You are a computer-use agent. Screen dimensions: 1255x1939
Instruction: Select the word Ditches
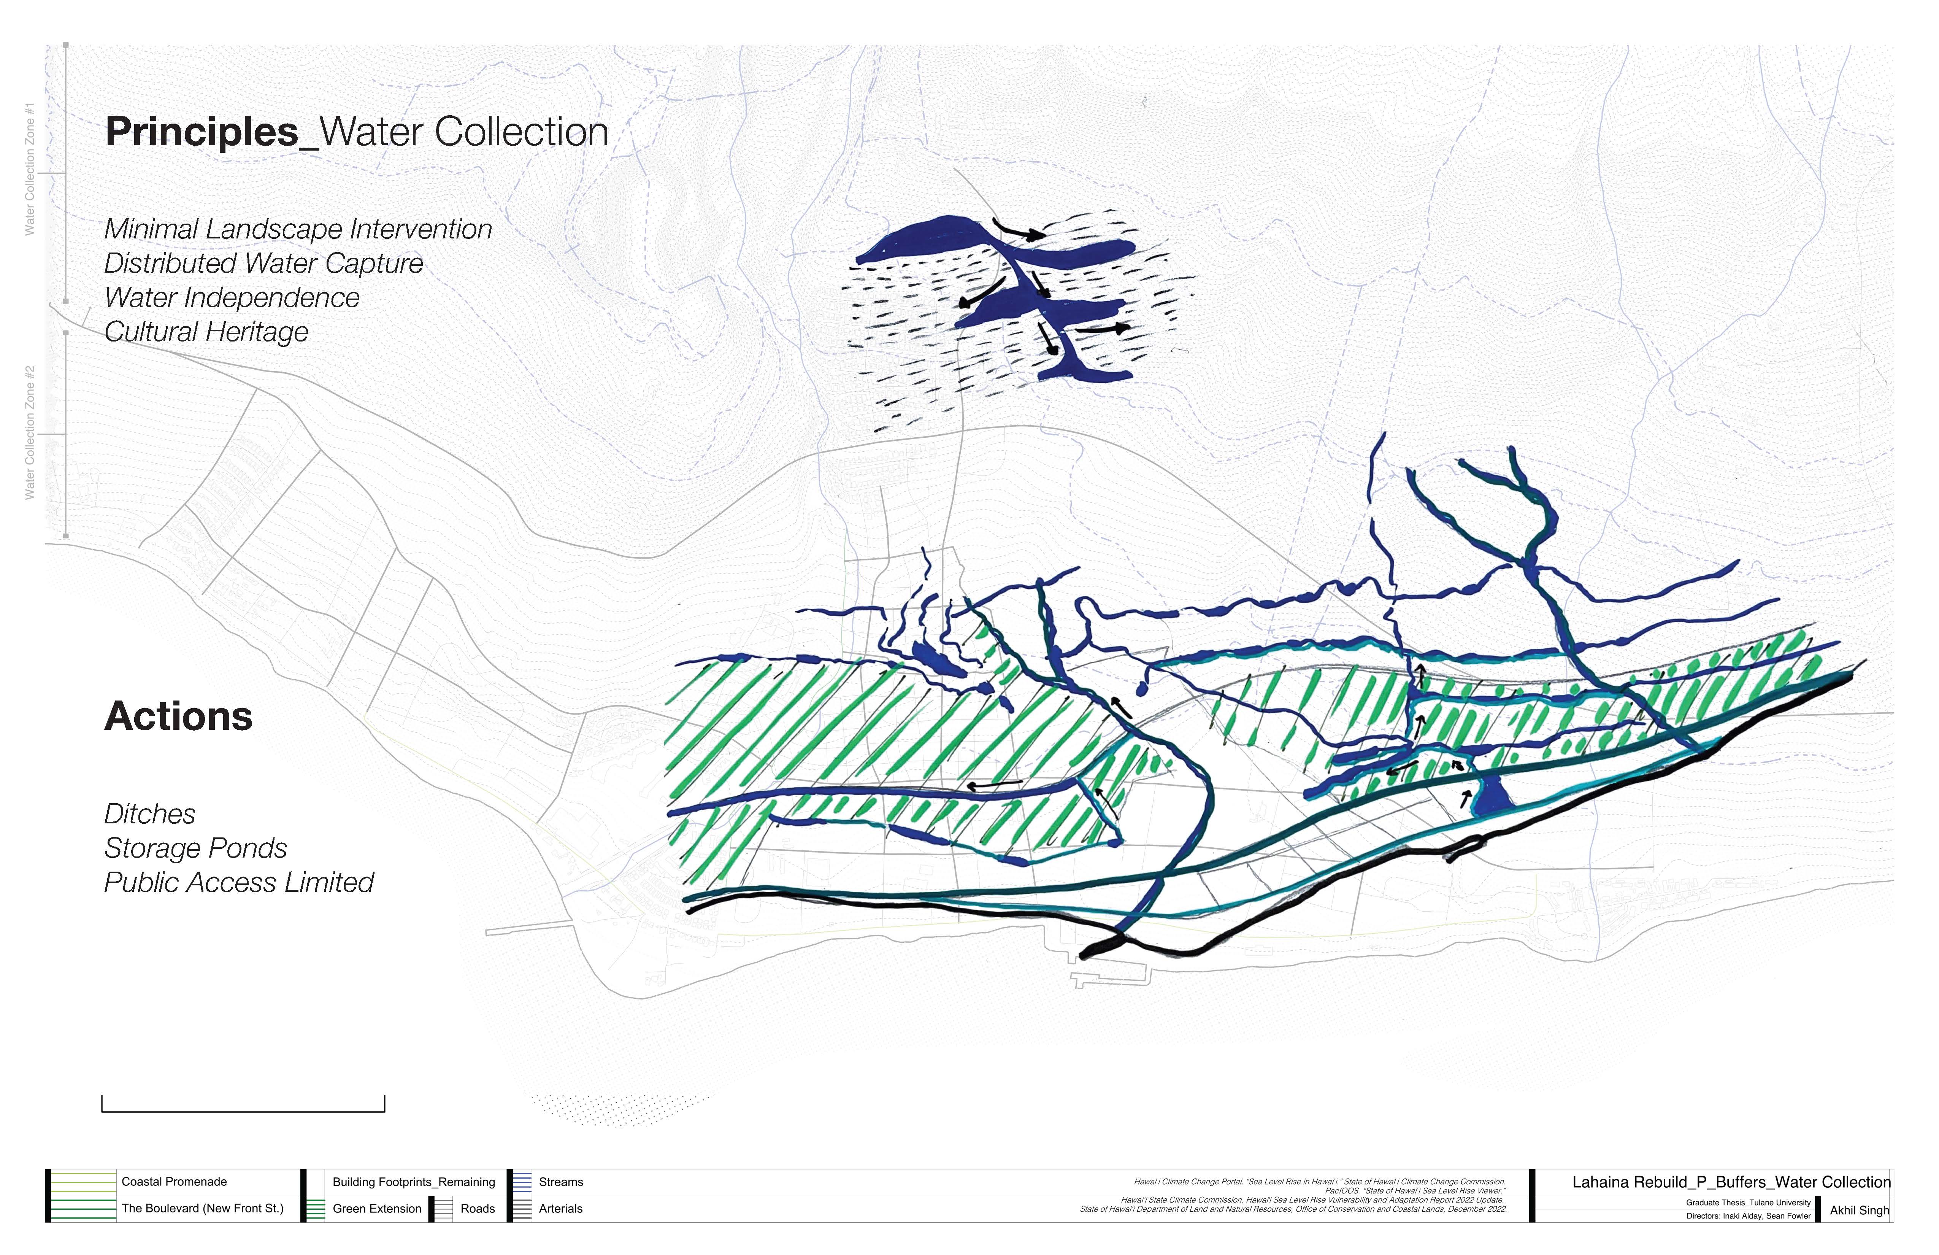pos(150,814)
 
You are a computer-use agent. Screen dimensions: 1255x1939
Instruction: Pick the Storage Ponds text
pos(195,848)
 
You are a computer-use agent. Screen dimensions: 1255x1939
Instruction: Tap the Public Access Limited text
pos(239,883)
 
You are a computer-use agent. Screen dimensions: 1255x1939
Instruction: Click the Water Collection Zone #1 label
pos(30,169)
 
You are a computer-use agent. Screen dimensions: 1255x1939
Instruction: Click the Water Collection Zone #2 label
pos(30,433)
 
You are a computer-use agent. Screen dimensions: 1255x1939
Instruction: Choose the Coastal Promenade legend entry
pos(173,1182)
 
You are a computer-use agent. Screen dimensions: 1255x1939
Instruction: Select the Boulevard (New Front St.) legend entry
pos(202,1209)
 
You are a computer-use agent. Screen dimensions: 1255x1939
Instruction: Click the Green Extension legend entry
pos(376,1209)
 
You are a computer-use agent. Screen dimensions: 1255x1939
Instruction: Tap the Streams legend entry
pos(560,1182)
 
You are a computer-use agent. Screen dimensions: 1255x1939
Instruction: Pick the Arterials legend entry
pos(560,1209)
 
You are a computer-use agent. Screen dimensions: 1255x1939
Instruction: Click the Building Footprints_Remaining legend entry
pos(413,1182)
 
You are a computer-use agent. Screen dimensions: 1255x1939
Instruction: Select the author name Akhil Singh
pos(1858,1210)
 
